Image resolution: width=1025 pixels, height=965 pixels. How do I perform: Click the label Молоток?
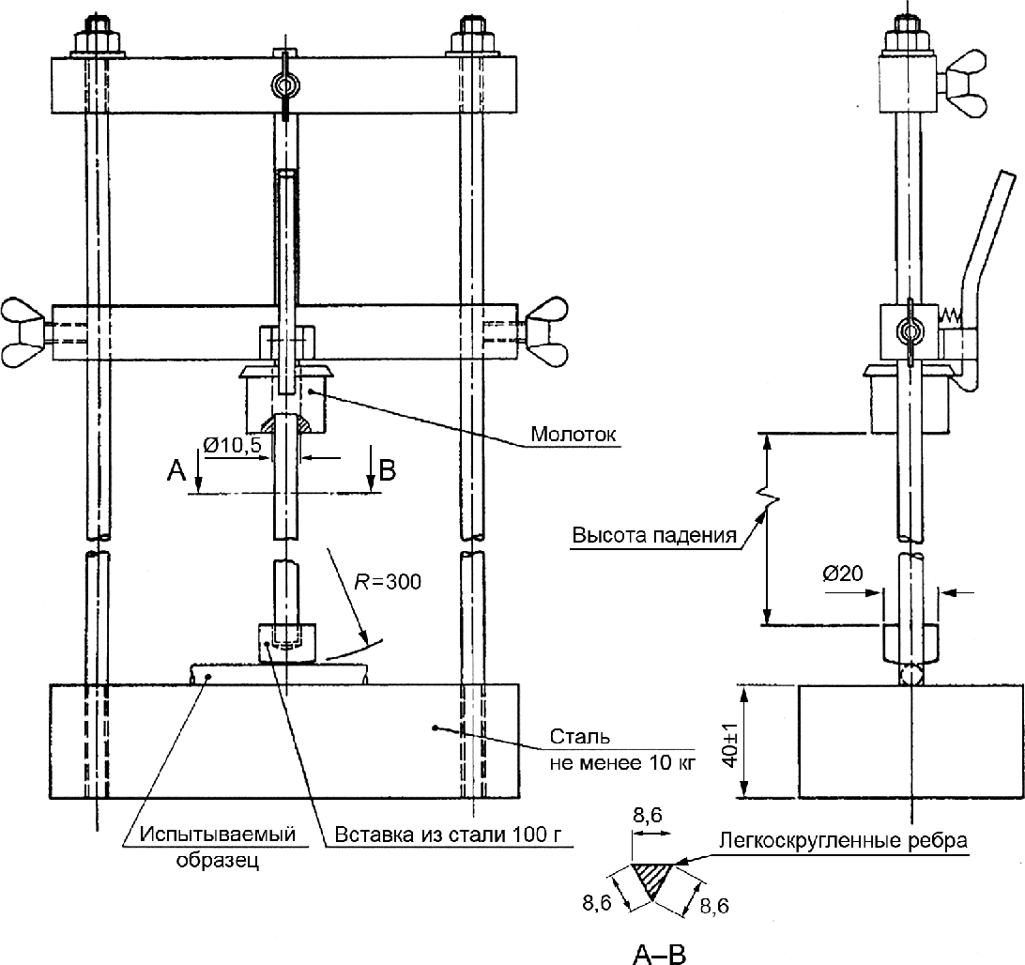tap(574, 434)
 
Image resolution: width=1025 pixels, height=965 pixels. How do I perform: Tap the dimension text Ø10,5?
tap(232, 446)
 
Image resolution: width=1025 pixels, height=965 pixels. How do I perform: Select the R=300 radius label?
tap(388, 581)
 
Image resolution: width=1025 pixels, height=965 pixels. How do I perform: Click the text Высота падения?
tap(654, 535)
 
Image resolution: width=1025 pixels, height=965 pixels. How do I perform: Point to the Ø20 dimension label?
tap(843, 574)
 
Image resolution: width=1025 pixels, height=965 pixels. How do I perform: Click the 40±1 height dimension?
tap(731, 741)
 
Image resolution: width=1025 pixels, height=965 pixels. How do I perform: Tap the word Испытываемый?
tap(218, 835)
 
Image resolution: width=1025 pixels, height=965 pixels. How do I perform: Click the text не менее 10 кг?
tap(623, 762)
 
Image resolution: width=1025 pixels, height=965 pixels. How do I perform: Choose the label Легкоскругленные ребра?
tap(843, 839)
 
